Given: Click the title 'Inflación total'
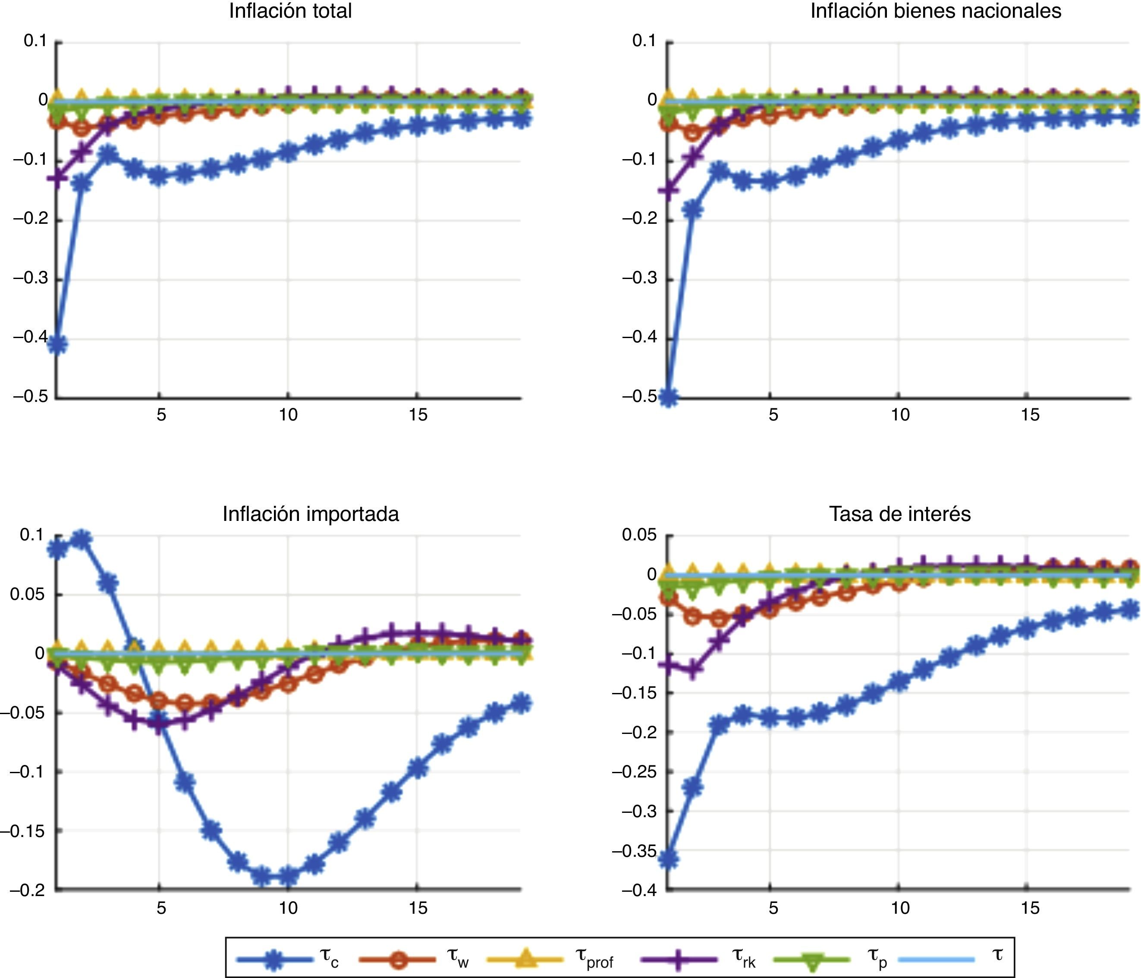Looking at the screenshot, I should click(x=290, y=11).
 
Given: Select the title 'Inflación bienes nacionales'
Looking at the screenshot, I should click(x=936, y=11).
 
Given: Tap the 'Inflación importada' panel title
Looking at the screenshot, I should click(x=311, y=514).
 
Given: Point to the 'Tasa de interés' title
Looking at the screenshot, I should click(x=900, y=514).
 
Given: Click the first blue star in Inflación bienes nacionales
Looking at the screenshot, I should click(x=669, y=397).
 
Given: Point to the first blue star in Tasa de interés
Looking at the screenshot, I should click(x=669, y=859).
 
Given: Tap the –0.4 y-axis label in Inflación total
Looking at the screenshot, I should click(x=31, y=337).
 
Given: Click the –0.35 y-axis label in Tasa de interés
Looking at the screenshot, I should click(x=635, y=851).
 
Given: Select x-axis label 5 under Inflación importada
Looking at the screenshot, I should click(x=160, y=908).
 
